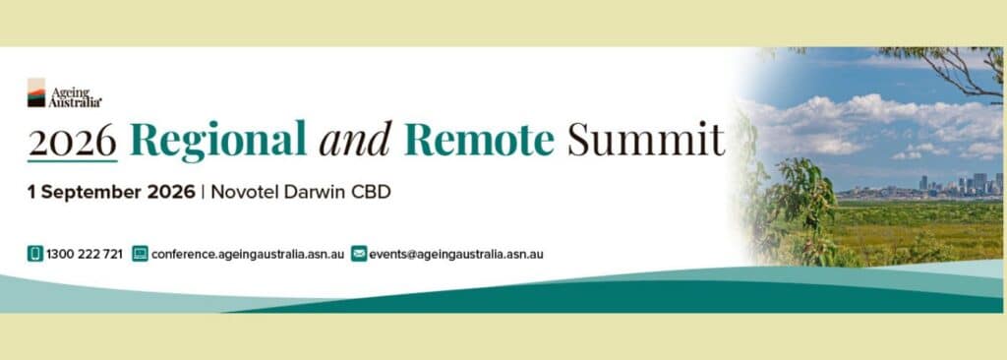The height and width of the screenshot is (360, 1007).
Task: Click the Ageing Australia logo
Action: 64,93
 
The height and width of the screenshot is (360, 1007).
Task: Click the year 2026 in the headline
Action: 72,140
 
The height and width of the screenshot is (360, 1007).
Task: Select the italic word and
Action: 355,140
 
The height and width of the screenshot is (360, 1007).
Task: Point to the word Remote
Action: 479,140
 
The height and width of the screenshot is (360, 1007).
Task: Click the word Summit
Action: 645,140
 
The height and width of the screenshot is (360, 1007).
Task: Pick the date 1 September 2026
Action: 111,192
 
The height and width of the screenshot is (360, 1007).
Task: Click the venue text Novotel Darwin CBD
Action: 301,192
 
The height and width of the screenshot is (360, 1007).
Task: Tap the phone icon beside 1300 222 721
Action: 34,254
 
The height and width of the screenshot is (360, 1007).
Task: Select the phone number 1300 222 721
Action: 85,254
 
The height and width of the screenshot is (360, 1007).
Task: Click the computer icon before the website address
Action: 140,254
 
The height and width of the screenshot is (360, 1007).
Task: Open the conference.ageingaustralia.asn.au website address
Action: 248,254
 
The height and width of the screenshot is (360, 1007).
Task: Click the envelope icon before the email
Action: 359,254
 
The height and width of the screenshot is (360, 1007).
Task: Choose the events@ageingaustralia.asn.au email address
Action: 456,254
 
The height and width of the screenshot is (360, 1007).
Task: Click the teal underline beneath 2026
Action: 72,160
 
